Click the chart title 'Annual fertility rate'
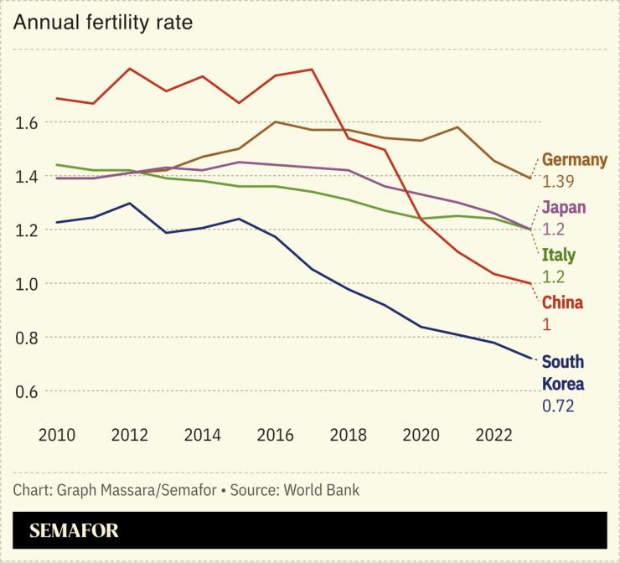pyautogui.click(x=102, y=23)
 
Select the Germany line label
pyautogui.click(x=574, y=159)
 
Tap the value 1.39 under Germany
pyautogui.click(x=558, y=181)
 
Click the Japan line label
pyautogui.click(x=564, y=207)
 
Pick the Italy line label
pyautogui.click(x=559, y=255)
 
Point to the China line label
pyautogui.click(x=562, y=302)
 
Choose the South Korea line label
pyautogui.click(x=563, y=373)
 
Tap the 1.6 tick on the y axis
pyautogui.click(x=28, y=122)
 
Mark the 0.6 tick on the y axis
pyautogui.click(x=28, y=391)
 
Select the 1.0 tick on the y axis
pyautogui.click(x=28, y=284)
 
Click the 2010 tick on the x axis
pyautogui.click(x=57, y=435)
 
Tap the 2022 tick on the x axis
pyautogui.click(x=493, y=435)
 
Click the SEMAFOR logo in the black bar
pyautogui.click(x=74, y=530)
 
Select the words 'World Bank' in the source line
pyautogui.click(x=323, y=489)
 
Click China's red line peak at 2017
pyautogui.click(x=312, y=70)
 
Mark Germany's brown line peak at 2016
pyautogui.click(x=276, y=121)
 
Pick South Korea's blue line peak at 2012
pyautogui.click(x=130, y=203)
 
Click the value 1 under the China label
pyautogui.click(x=546, y=323)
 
